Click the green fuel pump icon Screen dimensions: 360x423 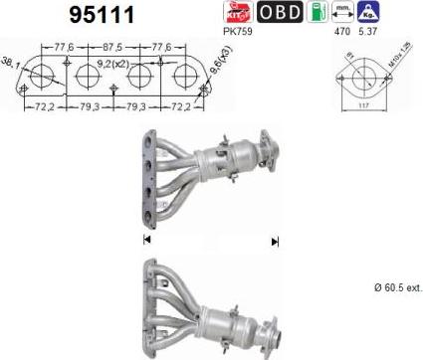pos(317,13)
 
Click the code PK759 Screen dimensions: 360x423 pos(239,32)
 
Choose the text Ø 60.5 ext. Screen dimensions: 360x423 pos(397,287)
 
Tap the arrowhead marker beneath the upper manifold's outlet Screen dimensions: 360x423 pos(274,241)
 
